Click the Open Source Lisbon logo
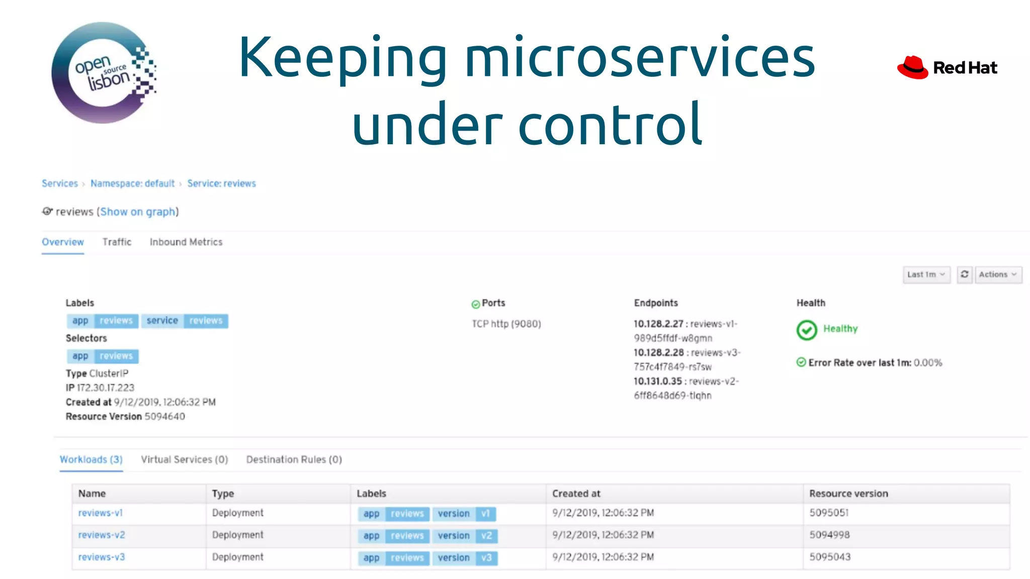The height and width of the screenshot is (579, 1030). [x=104, y=73]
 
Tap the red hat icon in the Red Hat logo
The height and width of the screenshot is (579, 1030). [x=912, y=68]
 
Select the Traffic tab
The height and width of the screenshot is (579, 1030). [x=117, y=242]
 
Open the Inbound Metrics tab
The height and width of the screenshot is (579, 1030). [x=186, y=242]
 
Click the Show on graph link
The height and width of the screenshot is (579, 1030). [x=138, y=212]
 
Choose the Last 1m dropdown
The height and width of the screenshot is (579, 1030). [x=926, y=275]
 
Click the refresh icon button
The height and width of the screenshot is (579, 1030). [x=964, y=275]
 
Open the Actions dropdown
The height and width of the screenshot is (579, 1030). [x=998, y=275]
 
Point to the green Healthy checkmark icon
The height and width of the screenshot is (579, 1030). [x=807, y=330]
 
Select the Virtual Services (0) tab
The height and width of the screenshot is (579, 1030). [x=184, y=460]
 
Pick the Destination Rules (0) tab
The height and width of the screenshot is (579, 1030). [x=294, y=460]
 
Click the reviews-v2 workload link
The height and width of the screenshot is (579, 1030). [x=102, y=535]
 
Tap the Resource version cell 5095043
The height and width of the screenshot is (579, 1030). [x=830, y=557]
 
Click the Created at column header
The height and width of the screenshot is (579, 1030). [x=576, y=494]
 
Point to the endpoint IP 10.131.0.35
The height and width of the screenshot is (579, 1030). [x=657, y=381]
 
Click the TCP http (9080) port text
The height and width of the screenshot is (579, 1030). [x=506, y=324]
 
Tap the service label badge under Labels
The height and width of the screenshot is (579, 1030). [x=162, y=321]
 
